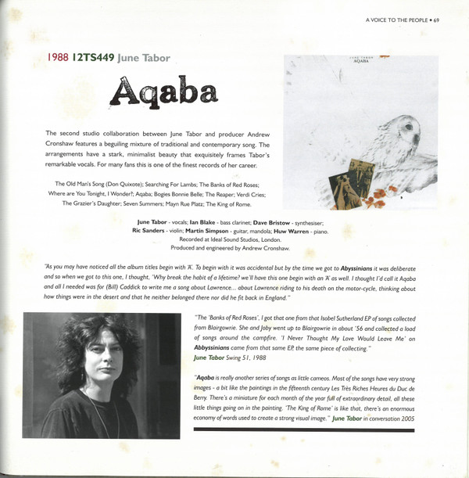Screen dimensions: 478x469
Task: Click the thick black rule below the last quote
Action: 315,429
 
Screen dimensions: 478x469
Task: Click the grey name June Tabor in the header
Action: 143,58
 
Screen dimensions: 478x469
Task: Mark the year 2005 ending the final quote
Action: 425,419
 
